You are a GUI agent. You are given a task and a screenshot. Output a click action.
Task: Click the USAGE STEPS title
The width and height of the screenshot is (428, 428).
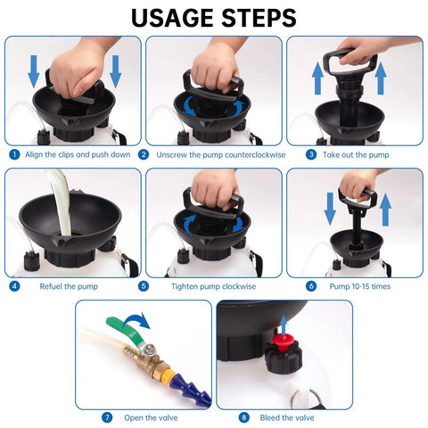(213, 17)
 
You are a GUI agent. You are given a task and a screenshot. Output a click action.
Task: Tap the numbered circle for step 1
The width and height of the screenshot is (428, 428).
(13, 153)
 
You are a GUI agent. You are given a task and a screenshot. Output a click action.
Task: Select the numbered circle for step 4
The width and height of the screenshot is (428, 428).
(13, 286)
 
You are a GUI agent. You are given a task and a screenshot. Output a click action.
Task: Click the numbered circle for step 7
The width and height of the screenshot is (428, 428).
(107, 417)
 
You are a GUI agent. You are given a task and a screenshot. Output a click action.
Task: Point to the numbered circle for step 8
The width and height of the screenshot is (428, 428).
(243, 417)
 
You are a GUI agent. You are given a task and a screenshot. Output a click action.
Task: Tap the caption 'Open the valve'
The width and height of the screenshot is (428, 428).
(145, 417)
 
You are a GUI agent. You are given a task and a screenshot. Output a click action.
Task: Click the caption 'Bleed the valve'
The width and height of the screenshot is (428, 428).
(285, 417)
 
